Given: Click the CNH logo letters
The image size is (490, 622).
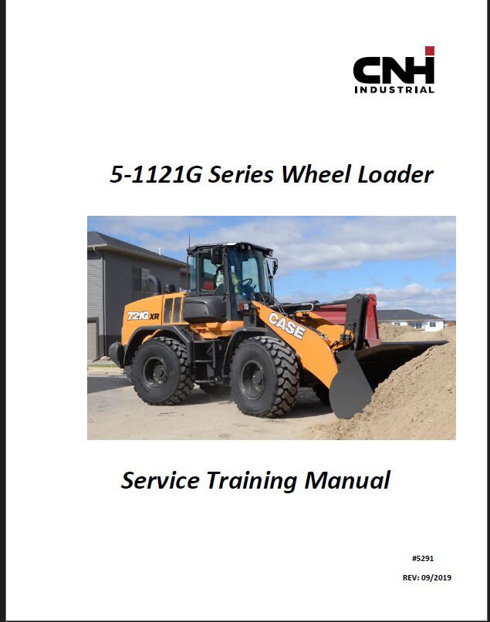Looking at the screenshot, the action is [393, 70].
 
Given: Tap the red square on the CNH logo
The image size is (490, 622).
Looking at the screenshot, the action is [430, 51].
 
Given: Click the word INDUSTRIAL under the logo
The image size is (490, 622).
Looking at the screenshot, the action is [394, 89].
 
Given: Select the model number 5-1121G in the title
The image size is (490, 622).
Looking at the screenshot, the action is [156, 174].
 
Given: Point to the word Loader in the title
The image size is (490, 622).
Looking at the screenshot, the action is [396, 174].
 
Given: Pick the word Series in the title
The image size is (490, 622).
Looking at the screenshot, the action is [241, 174].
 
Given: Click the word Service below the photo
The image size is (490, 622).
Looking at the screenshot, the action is [160, 480].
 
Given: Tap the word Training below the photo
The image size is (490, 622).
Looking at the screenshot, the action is [252, 482].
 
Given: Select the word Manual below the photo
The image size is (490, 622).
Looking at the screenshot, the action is [347, 480].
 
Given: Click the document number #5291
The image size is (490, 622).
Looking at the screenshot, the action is [423, 559].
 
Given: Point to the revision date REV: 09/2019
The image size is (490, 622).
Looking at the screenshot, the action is [427, 577].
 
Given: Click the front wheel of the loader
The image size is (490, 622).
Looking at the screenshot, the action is [264, 377].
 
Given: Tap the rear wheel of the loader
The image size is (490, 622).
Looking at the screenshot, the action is [162, 371].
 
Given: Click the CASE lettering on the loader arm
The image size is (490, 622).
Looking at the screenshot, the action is [287, 326].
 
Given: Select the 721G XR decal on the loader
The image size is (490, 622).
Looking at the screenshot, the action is [143, 316].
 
